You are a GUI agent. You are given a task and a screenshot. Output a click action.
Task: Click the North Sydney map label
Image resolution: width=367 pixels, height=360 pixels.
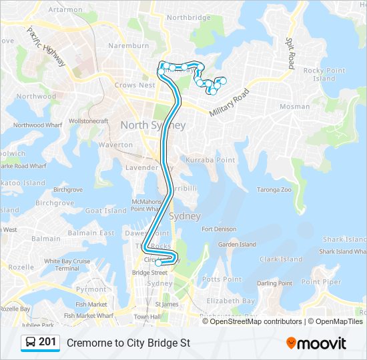(153, 125)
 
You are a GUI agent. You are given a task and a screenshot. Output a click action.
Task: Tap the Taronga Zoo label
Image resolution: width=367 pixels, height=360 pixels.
(274, 190)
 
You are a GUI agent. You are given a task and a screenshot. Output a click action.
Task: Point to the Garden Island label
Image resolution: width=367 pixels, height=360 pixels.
(237, 245)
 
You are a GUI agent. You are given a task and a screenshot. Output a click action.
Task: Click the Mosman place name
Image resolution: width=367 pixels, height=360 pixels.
(294, 107)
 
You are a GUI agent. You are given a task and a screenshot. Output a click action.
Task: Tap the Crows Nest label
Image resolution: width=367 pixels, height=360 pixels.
(135, 85)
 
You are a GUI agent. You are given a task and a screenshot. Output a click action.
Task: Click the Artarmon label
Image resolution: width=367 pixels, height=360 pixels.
(65, 10)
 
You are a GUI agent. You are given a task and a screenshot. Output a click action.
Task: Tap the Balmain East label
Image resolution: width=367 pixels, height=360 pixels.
(97, 233)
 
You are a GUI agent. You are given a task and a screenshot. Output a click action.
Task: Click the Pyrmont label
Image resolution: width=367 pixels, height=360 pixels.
(91, 289)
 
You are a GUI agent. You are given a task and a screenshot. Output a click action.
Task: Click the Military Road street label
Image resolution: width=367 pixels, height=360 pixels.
(229, 103)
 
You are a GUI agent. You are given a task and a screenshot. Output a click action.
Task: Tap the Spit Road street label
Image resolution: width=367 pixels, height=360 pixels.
(290, 53)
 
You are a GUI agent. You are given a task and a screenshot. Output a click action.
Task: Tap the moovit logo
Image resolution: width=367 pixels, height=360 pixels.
(316, 343)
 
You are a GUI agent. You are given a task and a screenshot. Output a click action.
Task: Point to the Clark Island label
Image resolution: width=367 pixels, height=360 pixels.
(282, 259)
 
